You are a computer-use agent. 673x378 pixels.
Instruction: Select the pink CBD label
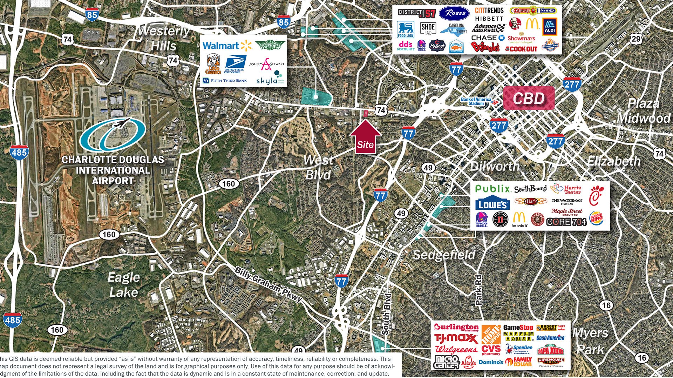529,99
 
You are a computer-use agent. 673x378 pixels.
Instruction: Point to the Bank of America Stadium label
476,101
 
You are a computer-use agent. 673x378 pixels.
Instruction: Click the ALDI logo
549,27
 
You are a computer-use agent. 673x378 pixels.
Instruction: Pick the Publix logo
492,189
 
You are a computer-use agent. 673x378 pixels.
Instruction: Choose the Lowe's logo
492,203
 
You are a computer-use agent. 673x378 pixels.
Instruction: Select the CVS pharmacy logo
491,350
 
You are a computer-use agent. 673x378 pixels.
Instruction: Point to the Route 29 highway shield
636,39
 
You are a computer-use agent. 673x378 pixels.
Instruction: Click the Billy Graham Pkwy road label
268,284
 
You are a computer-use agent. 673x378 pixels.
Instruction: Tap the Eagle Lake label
123,285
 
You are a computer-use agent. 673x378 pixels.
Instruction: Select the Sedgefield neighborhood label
444,255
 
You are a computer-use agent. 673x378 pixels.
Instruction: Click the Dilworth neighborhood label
495,166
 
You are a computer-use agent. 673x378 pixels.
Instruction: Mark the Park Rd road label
478,290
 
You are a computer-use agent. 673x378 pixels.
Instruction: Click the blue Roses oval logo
454,14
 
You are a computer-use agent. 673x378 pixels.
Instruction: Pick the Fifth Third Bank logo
225,81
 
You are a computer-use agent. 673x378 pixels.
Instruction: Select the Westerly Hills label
163,38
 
